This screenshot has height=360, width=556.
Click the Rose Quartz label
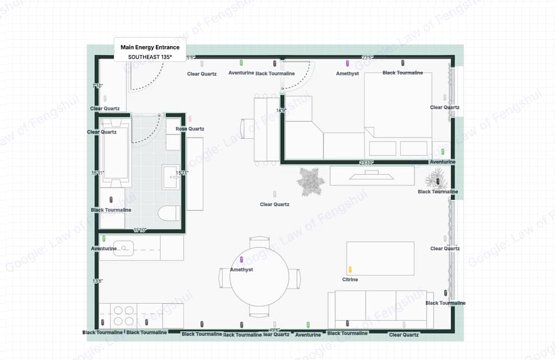point(189,129)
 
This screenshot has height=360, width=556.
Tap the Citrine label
point(350,280)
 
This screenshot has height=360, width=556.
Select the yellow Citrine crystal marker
point(350,269)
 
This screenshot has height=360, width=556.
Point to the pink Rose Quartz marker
point(190,118)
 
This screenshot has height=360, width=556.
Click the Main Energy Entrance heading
point(150,47)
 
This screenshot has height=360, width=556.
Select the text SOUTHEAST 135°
point(150,56)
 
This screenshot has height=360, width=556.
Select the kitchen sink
point(124,248)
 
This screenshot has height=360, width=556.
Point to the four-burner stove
point(123,315)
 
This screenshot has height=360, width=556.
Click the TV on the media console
point(372,175)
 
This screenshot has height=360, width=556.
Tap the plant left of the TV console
point(310,181)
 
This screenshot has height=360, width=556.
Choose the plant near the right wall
point(437,178)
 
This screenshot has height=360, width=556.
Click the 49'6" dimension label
point(274,330)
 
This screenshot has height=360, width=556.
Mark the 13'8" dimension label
point(98,281)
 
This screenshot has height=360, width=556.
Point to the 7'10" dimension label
point(98,86)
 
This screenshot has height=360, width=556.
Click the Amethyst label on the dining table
point(242,269)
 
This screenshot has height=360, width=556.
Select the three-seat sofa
point(381,310)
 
